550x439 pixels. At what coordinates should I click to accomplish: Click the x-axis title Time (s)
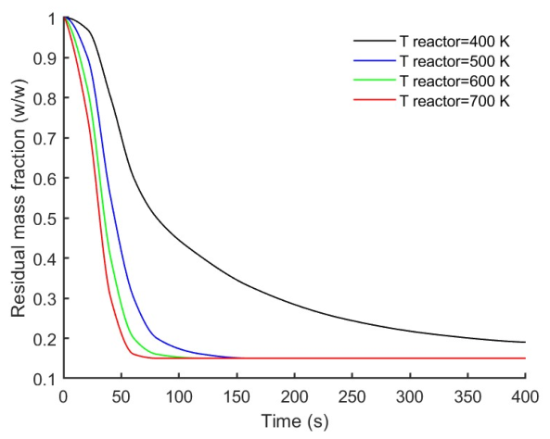pos(294,421)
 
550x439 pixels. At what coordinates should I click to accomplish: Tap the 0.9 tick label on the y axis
pos(45,57)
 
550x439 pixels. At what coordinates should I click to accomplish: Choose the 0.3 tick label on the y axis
pos(45,299)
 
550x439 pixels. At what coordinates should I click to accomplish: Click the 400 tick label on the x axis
pos(525,395)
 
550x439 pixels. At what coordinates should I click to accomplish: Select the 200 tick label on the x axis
pos(294,395)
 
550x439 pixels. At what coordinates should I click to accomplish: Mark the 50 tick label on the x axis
pos(121,395)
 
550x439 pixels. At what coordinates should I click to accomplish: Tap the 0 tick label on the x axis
pos(62,395)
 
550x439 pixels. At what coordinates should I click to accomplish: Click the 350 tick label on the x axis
pos(467,395)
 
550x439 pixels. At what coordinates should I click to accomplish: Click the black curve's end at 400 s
pos(524,342)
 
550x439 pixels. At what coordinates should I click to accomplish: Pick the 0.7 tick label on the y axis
pos(45,138)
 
